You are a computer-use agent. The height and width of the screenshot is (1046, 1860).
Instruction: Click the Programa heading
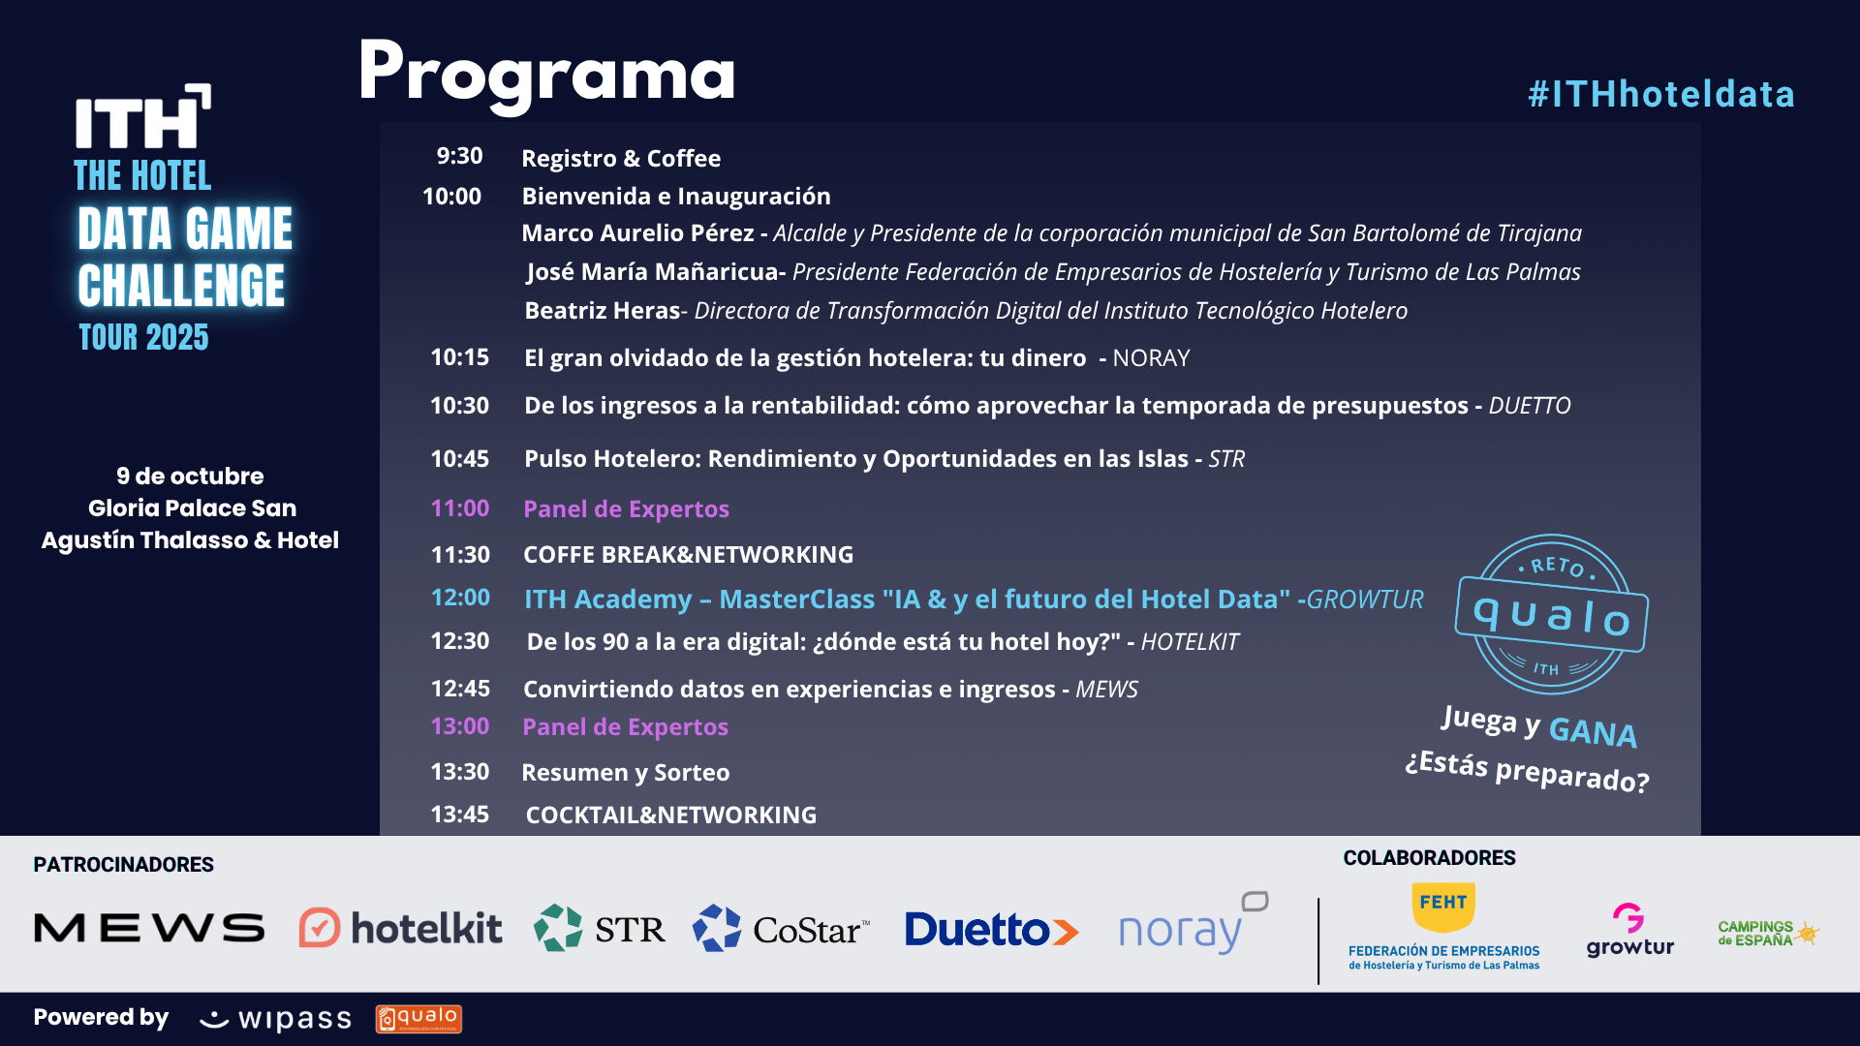(546, 74)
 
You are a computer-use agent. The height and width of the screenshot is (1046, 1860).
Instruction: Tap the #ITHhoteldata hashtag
(1661, 94)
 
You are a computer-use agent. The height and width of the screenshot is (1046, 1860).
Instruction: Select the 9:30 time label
(459, 156)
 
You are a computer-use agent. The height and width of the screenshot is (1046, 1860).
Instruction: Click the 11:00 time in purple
(460, 508)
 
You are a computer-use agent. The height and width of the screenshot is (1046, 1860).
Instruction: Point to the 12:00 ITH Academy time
(460, 598)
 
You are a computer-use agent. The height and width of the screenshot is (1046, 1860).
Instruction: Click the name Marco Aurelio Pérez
(637, 233)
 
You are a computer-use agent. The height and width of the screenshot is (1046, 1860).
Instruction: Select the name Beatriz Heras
(603, 311)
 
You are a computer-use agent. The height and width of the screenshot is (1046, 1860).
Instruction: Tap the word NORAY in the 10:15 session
(1151, 358)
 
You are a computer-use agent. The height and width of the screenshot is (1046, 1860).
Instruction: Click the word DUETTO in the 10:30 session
(1530, 406)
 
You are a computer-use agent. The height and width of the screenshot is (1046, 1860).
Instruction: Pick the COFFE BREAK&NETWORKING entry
(688, 555)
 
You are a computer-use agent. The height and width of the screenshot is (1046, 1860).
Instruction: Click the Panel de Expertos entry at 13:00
(625, 727)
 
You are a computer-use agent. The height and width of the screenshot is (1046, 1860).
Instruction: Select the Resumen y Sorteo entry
(626, 773)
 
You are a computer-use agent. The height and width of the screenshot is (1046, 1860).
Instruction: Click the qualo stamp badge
(1552, 614)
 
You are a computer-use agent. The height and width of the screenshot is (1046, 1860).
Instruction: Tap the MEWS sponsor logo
(149, 929)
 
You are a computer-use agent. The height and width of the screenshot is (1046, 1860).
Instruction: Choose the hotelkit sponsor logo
(400, 928)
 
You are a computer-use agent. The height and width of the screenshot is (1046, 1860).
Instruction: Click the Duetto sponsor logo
(991, 930)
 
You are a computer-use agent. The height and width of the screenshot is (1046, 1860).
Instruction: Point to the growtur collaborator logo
(1630, 930)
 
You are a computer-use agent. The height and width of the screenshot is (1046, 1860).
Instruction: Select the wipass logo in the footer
(275, 1019)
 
